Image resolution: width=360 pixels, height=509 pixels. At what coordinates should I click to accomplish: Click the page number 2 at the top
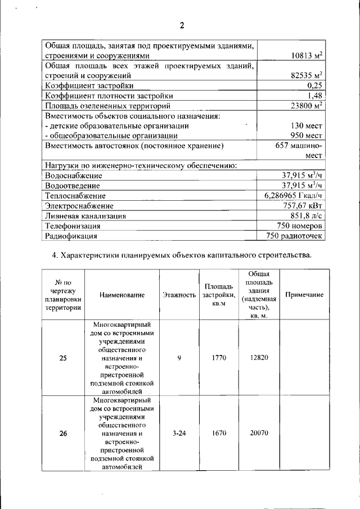coord(182,25)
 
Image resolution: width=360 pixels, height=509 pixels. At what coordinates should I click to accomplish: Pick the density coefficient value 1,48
coord(315,95)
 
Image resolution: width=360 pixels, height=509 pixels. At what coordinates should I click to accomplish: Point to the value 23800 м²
coord(303,105)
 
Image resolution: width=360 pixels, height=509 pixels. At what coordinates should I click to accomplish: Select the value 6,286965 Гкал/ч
coord(293,195)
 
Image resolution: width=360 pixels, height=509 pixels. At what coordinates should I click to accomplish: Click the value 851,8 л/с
coord(306,215)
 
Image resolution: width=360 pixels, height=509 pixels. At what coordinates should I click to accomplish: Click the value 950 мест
coord(306,136)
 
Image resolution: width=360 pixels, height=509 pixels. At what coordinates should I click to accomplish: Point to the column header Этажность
coord(179,295)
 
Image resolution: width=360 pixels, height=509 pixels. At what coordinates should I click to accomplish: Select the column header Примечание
coord(304,295)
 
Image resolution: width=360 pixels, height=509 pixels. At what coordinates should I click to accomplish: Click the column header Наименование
coord(122,295)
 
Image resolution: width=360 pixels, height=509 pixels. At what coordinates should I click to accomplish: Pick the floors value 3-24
coord(179,433)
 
